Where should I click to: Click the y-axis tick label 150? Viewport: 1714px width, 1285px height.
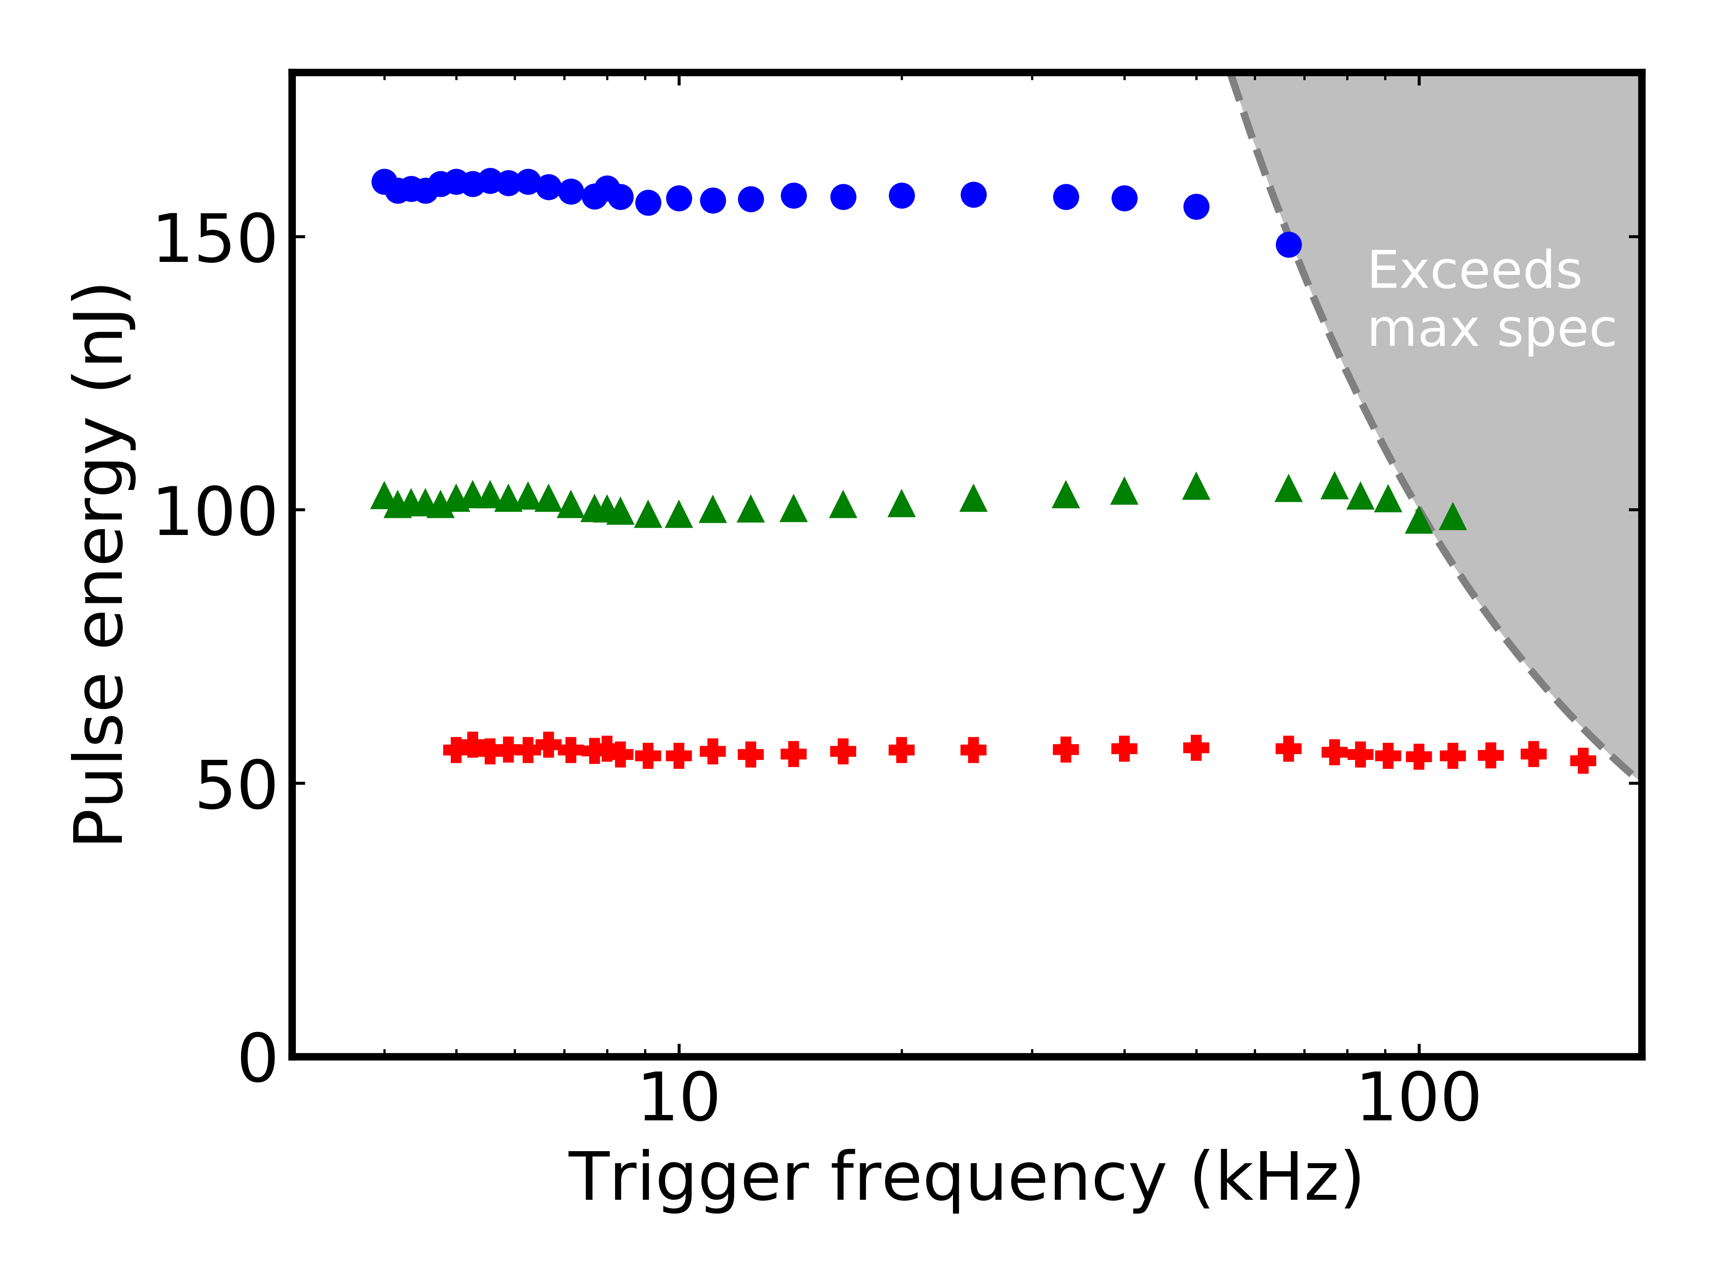click(x=215, y=239)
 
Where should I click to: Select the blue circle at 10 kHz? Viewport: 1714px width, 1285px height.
click(x=679, y=198)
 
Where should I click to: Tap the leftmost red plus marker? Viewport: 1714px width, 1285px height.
click(x=456, y=750)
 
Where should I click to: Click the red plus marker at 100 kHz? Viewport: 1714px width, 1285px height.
click(x=1419, y=757)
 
